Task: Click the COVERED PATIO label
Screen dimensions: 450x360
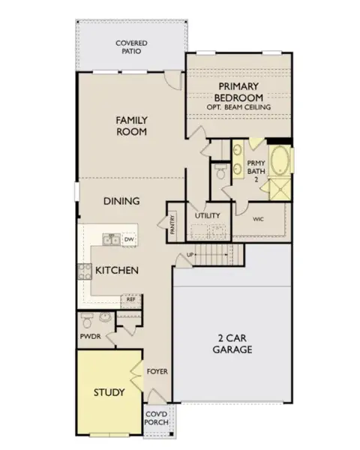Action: coord(131,48)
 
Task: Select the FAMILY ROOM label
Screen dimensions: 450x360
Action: coord(130,125)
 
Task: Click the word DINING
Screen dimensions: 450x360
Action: coord(120,202)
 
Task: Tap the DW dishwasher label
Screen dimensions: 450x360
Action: coord(128,240)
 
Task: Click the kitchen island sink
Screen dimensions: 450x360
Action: coord(110,240)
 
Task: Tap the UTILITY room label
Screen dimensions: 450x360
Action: coord(208,216)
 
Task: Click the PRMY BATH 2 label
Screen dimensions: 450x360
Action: coord(256,172)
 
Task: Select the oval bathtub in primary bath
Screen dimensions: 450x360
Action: coord(279,161)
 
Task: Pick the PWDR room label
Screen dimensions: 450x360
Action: coord(91,337)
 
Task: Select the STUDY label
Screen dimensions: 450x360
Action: coord(108,392)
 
